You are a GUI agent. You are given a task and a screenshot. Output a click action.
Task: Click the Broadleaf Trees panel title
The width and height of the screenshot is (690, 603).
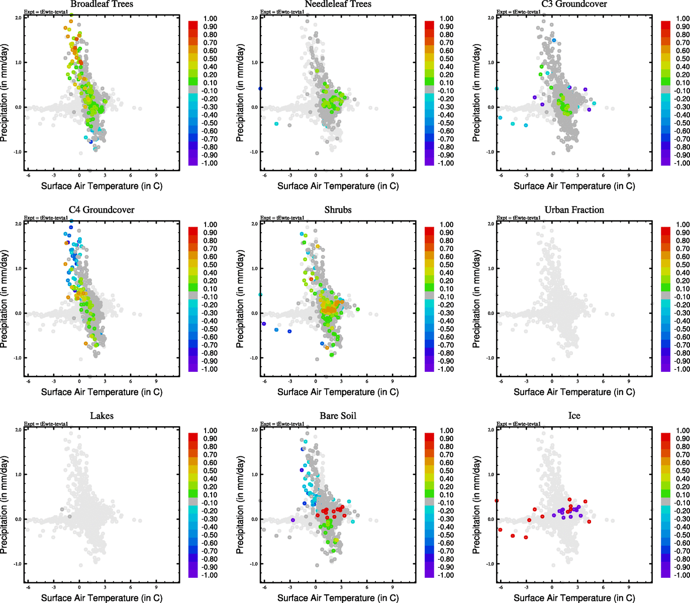[x=102, y=5]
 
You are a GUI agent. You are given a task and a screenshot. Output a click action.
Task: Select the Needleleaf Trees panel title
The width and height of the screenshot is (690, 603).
[x=338, y=5]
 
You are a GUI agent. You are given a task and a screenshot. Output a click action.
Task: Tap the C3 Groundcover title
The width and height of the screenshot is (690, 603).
[x=574, y=5]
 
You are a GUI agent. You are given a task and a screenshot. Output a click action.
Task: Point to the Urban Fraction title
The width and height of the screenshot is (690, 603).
[x=574, y=210]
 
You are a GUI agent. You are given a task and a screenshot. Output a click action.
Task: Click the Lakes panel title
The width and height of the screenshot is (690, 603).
[x=102, y=416]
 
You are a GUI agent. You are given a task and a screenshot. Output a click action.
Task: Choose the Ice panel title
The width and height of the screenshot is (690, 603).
[x=574, y=416]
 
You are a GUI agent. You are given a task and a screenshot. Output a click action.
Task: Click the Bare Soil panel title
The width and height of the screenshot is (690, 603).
[x=338, y=416]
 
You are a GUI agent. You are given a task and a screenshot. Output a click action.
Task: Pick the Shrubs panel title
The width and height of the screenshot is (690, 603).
[x=338, y=210]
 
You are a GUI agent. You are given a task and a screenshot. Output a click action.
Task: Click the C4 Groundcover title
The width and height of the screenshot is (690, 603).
[x=102, y=210]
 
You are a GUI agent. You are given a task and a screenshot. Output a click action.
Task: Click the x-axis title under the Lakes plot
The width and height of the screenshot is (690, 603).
[x=102, y=598]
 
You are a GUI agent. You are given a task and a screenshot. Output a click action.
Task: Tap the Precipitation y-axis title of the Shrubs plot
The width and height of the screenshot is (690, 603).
[x=240, y=299]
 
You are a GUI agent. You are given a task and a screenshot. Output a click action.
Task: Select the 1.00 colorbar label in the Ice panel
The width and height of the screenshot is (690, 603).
[x=682, y=431]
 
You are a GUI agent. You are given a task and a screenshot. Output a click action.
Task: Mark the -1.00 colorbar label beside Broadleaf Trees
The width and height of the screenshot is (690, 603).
[x=210, y=163]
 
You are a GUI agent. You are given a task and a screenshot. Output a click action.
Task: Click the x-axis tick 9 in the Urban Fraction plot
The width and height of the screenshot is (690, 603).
[x=629, y=382]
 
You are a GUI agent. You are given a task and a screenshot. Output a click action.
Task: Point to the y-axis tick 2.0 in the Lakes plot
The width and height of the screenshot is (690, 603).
[x=18, y=430]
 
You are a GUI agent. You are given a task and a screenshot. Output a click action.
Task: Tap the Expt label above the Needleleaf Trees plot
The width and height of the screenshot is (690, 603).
[x=282, y=12]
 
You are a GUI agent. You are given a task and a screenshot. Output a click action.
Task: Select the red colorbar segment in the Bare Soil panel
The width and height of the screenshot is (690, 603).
[x=429, y=437]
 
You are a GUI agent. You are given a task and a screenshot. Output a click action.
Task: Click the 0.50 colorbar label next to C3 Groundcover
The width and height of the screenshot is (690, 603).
[x=682, y=59]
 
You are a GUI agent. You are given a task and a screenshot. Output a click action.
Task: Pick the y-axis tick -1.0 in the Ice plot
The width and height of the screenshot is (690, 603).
[x=490, y=564]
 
